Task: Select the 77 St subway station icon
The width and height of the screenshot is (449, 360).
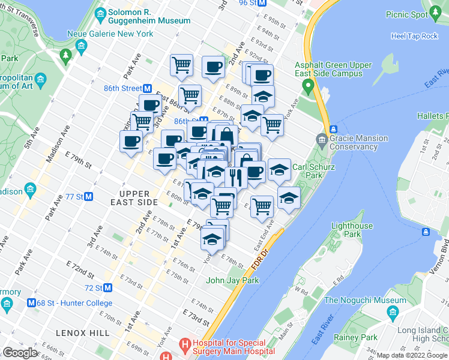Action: (88, 196)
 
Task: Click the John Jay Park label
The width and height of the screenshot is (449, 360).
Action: (232, 280)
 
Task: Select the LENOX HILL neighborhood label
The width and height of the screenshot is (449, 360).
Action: (83, 332)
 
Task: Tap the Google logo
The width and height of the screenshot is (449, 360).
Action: (20, 353)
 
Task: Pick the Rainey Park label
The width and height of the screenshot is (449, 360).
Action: (356, 337)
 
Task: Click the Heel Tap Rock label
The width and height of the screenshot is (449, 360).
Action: (414, 36)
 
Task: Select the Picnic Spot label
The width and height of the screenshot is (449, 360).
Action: (406, 14)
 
